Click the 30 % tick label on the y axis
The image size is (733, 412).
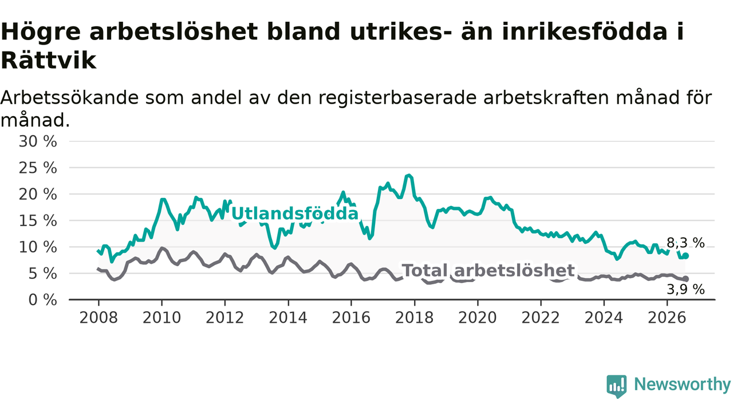tap(38, 141)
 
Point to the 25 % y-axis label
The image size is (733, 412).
tap(38, 168)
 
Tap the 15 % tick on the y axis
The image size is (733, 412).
tap(38, 221)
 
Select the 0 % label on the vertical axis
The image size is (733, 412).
tap(42, 300)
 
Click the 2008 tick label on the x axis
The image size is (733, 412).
tap(98, 318)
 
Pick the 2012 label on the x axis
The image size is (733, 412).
tap(225, 318)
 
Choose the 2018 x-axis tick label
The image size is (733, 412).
tap(414, 318)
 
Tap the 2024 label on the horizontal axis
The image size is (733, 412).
tap(604, 318)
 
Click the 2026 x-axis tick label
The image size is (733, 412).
tap(667, 318)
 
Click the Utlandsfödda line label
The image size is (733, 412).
tap(295, 214)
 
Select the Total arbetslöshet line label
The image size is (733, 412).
tap(488, 271)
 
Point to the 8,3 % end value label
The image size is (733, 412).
tap(685, 243)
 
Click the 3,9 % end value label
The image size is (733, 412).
tap(685, 290)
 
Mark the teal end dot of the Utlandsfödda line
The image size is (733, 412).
tap(685, 256)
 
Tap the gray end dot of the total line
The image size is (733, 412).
tap(685, 279)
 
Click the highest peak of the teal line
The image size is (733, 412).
tap(408, 176)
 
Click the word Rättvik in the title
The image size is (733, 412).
tap(49, 61)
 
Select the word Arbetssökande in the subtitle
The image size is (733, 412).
tap(70, 98)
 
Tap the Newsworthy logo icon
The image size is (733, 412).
tap(617, 386)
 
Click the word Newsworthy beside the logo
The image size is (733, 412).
tap(682, 385)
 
